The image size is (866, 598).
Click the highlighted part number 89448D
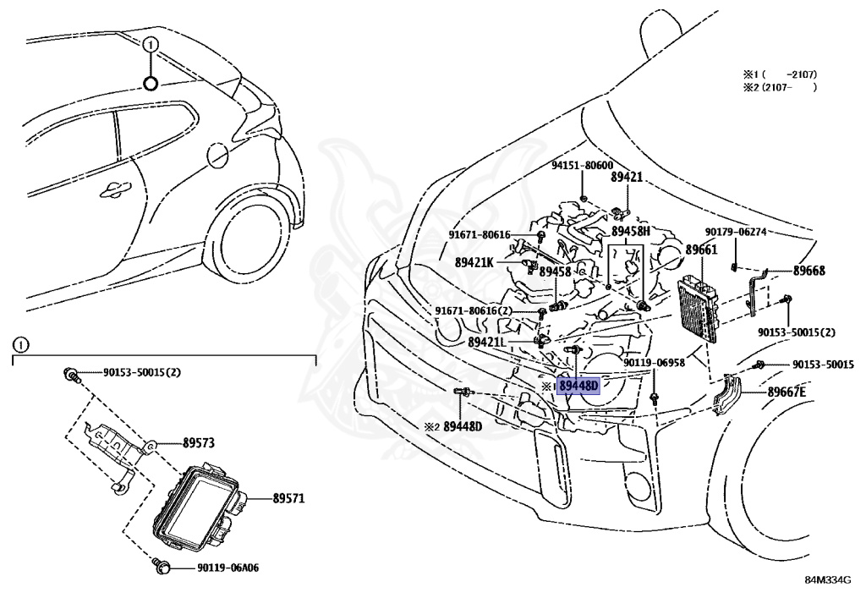coord(578,387)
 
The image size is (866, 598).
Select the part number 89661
coord(701,250)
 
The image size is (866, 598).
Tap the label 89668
coord(808,271)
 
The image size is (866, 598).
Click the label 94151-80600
coord(582,167)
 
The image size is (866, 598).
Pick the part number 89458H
coord(630,231)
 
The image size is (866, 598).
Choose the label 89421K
coord(474,262)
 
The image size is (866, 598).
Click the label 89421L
coord(486,342)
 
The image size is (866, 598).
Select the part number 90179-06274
coord(735,232)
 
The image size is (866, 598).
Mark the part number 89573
coord(200,442)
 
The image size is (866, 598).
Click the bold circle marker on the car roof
coord(150,83)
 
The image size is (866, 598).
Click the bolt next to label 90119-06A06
coord(162,565)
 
